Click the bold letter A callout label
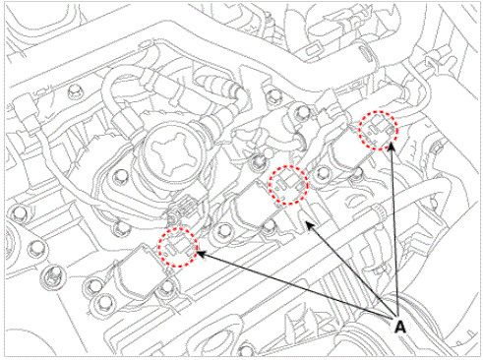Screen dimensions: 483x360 pos(399,327)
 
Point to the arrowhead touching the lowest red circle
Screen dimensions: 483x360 pos(201,254)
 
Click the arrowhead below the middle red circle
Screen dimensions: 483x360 pos(309,225)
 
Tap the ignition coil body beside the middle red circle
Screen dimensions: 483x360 pos(254,209)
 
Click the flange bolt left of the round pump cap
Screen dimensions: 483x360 pos(120,177)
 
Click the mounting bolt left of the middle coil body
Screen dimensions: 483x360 pos(224,230)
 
